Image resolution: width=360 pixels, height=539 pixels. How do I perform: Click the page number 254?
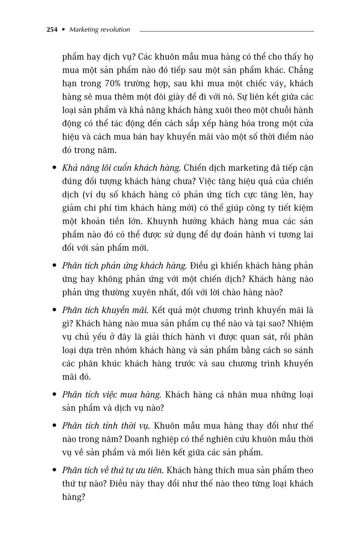(x=52, y=30)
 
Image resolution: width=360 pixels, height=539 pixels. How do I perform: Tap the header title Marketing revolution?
(x=99, y=30)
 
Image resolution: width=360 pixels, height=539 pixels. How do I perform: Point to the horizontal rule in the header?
(x=226, y=31)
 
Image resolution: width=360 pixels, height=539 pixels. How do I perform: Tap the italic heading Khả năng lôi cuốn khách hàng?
(x=121, y=168)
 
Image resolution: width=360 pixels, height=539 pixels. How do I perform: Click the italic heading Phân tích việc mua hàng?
(x=112, y=395)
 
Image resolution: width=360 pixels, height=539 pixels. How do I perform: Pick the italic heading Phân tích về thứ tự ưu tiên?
(x=112, y=470)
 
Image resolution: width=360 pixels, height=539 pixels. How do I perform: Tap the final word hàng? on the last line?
(x=74, y=497)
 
